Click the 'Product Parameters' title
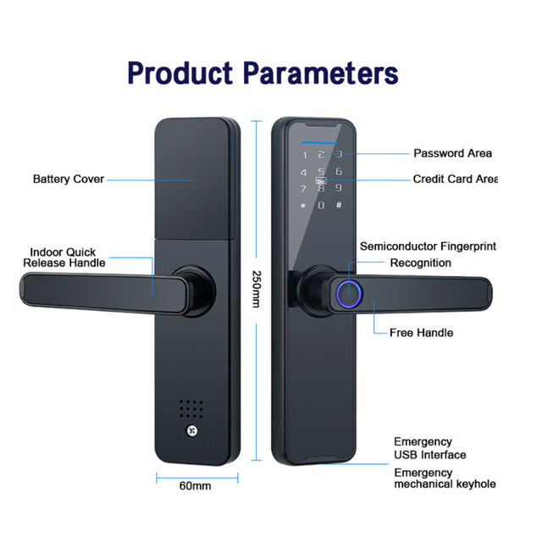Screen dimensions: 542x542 click(263, 73)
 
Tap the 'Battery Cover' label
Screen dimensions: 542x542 click(69, 179)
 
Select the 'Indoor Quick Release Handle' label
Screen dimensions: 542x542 click(64, 257)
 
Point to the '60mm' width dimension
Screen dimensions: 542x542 click(196, 486)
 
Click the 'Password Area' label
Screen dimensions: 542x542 click(452, 153)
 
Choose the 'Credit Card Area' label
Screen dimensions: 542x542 click(454, 180)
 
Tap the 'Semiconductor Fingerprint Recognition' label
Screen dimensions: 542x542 click(428, 254)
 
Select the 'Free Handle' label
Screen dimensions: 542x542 click(421, 333)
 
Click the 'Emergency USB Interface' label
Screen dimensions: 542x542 click(429, 448)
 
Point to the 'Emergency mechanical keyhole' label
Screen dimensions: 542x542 click(444, 478)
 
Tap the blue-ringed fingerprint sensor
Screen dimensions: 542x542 click(348, 293)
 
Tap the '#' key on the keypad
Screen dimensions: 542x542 click(339, 205)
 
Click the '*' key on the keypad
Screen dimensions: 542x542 click(303, 205)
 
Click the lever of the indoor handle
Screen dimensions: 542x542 click(85, 291)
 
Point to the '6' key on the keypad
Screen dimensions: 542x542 click(339, 171)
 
